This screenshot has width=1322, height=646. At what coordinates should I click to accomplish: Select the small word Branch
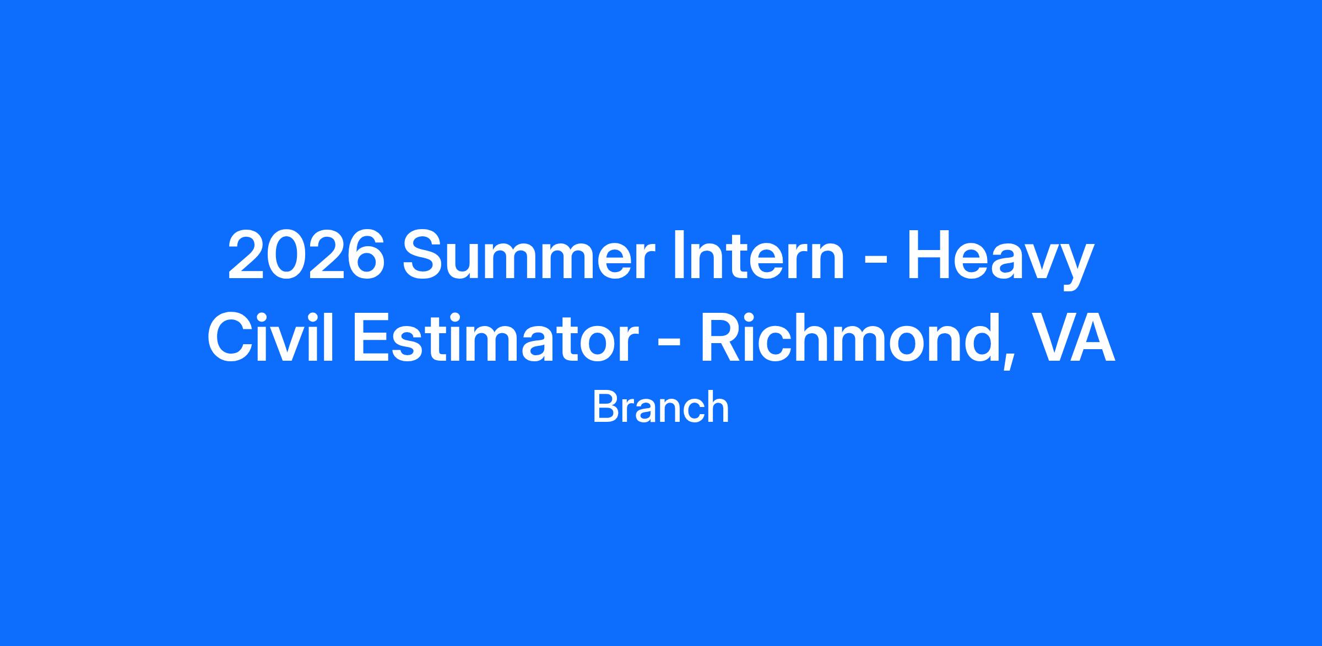[661, 407]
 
